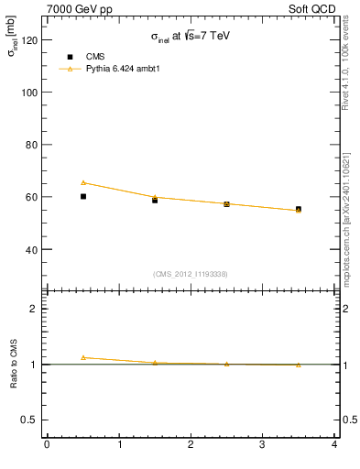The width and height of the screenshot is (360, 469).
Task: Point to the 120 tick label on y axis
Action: tap(30, 40)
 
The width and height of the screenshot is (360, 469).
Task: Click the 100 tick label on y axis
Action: tap(30, 93)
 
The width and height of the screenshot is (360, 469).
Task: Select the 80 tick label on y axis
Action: tap(33, 145)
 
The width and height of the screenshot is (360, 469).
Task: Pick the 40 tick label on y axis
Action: tap(33, 249)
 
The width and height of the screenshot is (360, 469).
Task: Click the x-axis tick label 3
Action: tap(263, 446)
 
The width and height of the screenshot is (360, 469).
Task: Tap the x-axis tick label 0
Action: tap(47, 446)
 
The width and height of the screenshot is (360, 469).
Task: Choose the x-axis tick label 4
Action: tap(334, 446)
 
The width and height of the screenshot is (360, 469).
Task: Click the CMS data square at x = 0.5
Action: tap(83, 196)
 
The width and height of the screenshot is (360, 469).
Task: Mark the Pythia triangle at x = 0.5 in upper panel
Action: tap(83, 182)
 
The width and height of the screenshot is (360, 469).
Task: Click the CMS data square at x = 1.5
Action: tap(155, 200)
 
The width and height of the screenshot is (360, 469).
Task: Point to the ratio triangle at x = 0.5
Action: tap(83, 357)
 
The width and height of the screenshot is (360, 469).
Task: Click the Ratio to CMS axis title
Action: tap(14, 364)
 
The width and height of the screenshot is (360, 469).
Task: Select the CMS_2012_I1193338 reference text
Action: tap(191, 274)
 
